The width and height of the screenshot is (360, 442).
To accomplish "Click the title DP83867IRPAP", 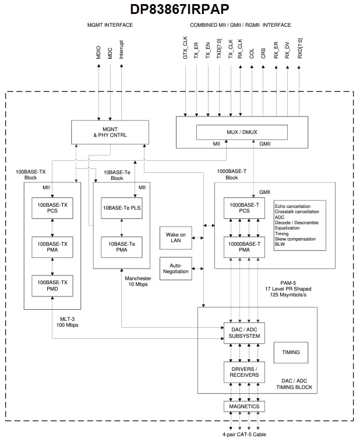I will pos(179,9).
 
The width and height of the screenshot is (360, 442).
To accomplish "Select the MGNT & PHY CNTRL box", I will pos(110,132).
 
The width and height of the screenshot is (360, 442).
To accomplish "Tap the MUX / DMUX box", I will pos(241,132).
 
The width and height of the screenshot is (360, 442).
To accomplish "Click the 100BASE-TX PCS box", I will pos(52,208).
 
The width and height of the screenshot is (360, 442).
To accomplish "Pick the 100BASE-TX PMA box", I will pos(52,246).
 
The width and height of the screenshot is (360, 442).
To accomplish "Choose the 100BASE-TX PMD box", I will pos(52,285).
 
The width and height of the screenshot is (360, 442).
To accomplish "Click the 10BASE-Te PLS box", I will pos(122,208).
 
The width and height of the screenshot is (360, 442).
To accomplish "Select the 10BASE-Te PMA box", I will pos(122,246).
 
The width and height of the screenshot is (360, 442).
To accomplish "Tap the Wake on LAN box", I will pos(175,238).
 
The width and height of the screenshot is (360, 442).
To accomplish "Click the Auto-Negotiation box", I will pos(175,268).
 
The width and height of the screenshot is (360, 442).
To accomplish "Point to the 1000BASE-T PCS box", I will pos(244,208).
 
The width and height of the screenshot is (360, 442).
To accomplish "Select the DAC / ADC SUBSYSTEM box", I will pos(244,333).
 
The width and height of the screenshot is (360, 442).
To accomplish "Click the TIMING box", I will pos(291,352).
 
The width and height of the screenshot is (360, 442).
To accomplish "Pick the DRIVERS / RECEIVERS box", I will pos(244,372).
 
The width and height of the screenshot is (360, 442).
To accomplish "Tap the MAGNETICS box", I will pos(244,406).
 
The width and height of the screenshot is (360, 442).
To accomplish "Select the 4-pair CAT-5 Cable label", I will pos(244,434).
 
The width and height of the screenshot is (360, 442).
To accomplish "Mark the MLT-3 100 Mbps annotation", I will pos(68,321).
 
